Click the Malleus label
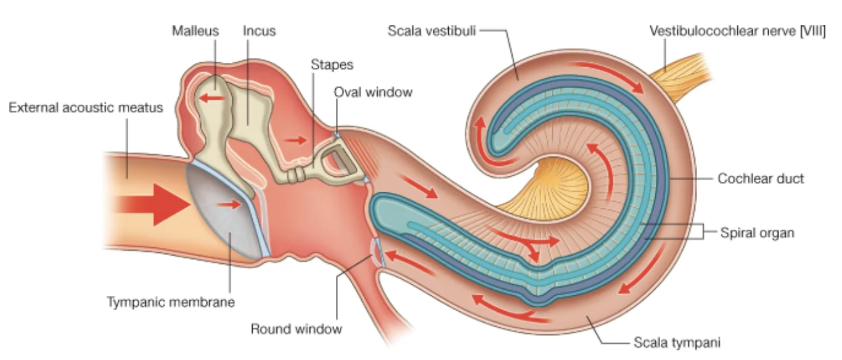195,31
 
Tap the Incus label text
259,31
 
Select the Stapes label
332,65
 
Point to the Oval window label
373,92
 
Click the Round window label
296,329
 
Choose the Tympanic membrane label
171,302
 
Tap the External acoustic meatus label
86,108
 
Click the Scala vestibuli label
431,31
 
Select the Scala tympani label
677,343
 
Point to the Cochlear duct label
761,179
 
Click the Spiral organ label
757,233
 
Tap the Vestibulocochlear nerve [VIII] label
737,31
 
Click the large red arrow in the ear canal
152,205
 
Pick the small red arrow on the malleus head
211,99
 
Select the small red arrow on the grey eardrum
229,205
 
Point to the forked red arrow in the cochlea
526,240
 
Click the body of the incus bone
251,109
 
